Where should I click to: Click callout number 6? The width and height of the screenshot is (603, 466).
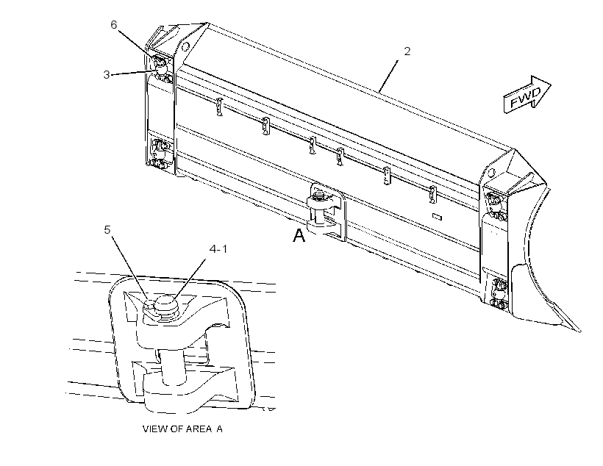click(113, 25)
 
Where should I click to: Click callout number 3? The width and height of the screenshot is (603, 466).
click(107, 74)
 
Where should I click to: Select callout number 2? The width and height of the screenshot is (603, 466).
click(407, 51)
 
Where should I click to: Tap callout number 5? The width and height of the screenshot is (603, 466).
click(107, 230)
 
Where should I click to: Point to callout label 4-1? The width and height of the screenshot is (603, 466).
click(218, 249)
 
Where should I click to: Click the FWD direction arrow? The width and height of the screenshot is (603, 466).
click(527, 94)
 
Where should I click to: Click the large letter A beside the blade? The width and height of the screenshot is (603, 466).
click(299, 235)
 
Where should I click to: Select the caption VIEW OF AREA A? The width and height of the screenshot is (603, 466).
click(182, 429)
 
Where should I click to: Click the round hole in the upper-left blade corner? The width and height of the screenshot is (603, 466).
click(185, 46)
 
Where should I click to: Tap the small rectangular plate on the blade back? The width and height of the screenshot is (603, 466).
click(437, 217)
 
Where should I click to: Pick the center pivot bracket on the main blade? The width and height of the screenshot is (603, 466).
click(326, 212)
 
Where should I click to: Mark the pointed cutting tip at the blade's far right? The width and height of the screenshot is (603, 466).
click(579, 330)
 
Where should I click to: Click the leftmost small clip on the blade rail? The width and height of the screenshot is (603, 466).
click(220, 107)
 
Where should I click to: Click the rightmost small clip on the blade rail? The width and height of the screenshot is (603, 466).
click(432, 194)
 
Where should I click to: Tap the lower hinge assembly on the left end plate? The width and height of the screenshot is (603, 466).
click(160, 154)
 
